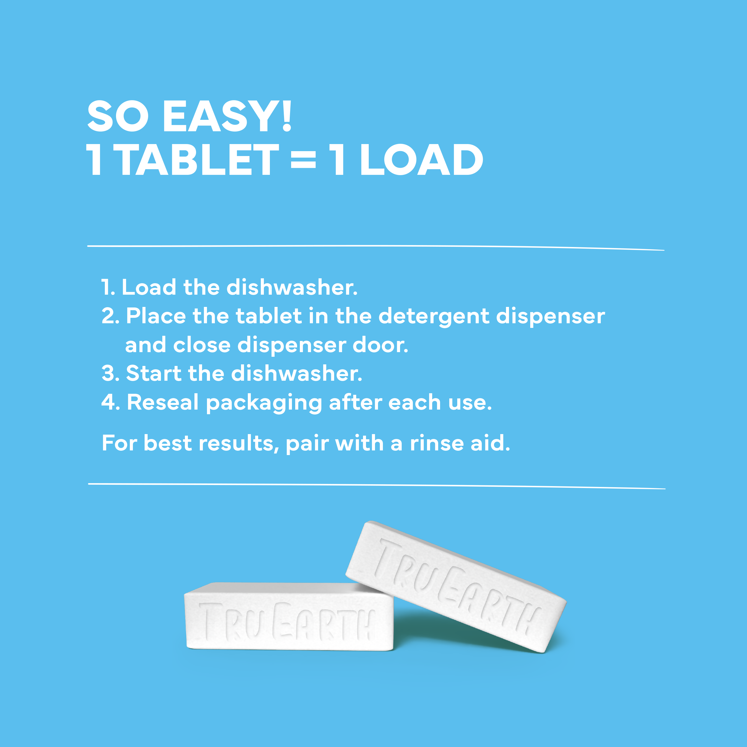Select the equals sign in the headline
[304, 160]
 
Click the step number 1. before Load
[108, 288]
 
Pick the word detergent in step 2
[434, 317]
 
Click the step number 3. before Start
[111, 374]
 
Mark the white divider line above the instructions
[375, 246]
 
